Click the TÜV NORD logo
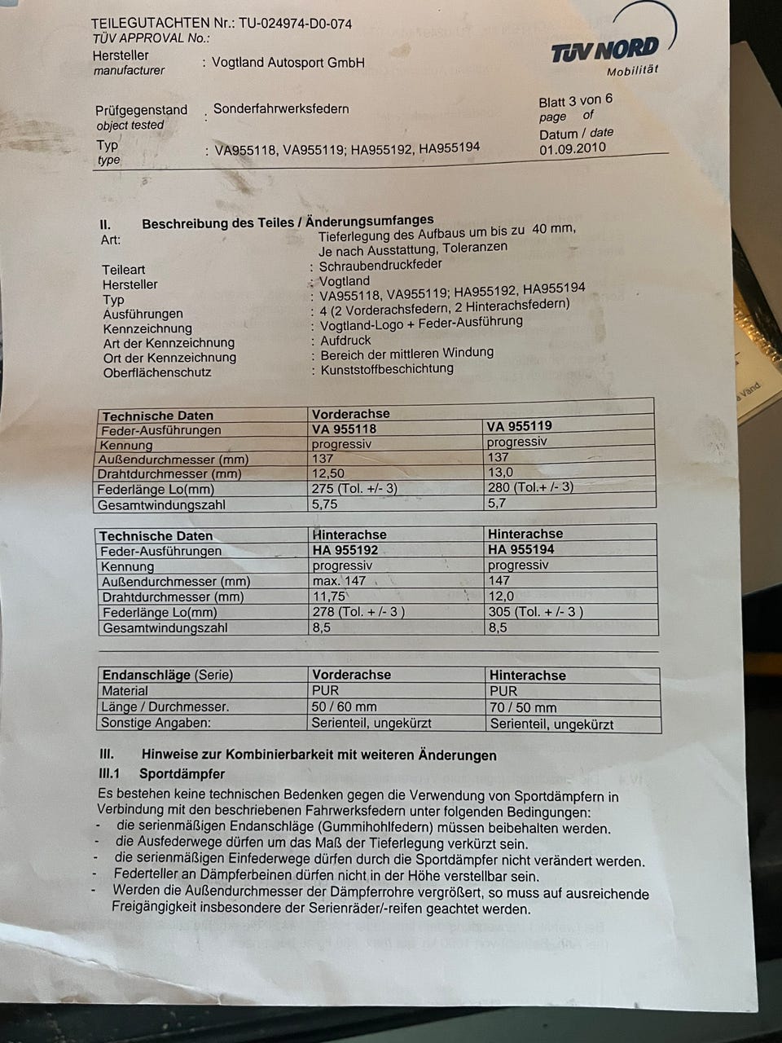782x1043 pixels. (604, 51)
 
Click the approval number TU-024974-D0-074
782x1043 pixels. (295, 24)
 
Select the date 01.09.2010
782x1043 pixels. (573, 149)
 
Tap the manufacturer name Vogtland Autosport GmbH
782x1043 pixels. (288, 63)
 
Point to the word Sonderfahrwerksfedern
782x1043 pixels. (281, 109)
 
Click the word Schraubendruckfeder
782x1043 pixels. (380, 265)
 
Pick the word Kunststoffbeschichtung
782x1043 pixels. (387, 368)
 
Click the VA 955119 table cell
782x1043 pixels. (519, 426)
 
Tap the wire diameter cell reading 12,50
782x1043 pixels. (328, 473)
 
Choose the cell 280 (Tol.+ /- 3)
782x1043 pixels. (530, 487)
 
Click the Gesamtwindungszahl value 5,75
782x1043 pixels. (325, 504)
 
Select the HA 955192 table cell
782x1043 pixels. (345, 550)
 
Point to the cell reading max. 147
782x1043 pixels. (340, 581)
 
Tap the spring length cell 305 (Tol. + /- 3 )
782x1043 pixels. (536, 612)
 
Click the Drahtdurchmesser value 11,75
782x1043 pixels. (329, 596)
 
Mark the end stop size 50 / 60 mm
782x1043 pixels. (344, 706)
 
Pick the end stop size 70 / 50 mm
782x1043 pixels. (523, 707)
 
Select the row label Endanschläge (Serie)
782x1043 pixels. (167, 676)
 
